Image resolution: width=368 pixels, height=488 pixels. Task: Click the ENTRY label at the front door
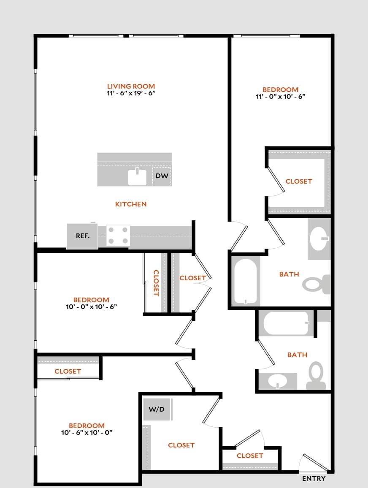pos(314,478)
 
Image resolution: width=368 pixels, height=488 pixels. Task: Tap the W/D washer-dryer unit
pos(157,409)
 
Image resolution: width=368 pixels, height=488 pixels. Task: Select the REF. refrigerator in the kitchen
pos(82,236)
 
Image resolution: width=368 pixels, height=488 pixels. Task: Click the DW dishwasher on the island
pos(162,176)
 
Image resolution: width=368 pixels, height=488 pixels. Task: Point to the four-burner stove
pos(118,236)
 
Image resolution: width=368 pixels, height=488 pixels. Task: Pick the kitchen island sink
pos(138,176)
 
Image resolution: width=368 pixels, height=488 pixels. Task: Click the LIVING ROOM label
pos(131,86)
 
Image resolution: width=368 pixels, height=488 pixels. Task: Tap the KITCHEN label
pos(131,204)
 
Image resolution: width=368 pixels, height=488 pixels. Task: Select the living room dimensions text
pos(131,93)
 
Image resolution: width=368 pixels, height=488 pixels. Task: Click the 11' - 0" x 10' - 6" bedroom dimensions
pos(281,96)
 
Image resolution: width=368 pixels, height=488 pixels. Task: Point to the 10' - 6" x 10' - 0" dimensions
pos(87,432)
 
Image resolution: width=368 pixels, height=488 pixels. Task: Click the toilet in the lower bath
pos(316,376)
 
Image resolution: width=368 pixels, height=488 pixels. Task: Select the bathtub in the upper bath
pos(245,281)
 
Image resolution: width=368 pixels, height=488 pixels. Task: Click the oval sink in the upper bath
pos(319,239)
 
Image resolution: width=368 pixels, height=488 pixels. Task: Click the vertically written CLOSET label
pos(156,283)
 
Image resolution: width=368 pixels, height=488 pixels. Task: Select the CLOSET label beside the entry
pos(250,455)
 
